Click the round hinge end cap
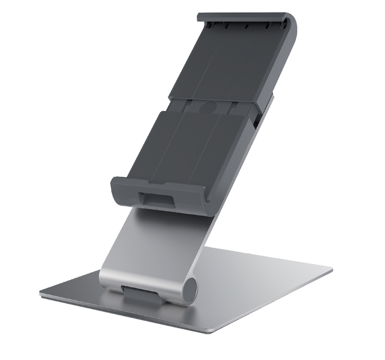click(191, 290)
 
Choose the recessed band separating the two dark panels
click(208, 106)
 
